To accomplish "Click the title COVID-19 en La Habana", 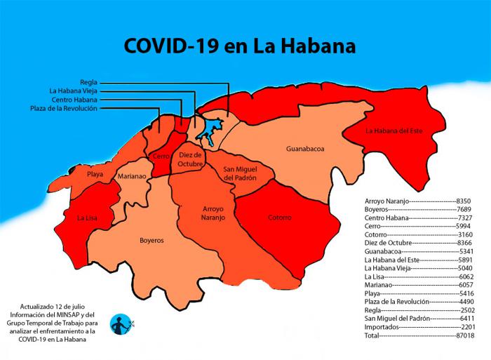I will pos(239,46).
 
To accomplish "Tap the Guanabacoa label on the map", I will pos(305,149).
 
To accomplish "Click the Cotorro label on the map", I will pos(279,218).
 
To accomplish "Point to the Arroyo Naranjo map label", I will pos(213,213).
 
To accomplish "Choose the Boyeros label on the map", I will pos(151,240).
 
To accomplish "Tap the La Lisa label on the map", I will pos(87,218).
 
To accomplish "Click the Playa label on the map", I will pos(95,173).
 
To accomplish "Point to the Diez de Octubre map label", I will pos(190,159).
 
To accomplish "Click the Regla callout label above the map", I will pos(88,82).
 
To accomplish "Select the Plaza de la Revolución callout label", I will pos(64,109).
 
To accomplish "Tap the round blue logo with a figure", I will pos(121,324).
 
